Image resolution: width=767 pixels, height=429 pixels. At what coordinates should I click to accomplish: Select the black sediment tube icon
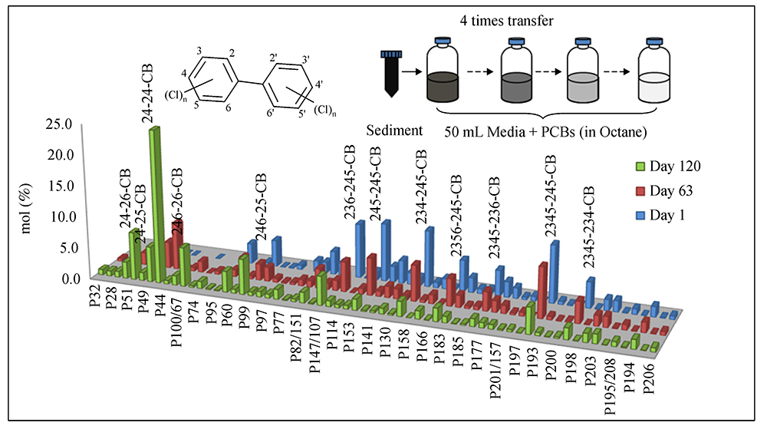tap(391, 72)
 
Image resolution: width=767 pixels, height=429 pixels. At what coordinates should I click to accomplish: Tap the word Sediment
tap(394, 130)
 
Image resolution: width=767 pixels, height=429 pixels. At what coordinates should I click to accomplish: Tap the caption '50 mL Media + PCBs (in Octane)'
tap(545, 131)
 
